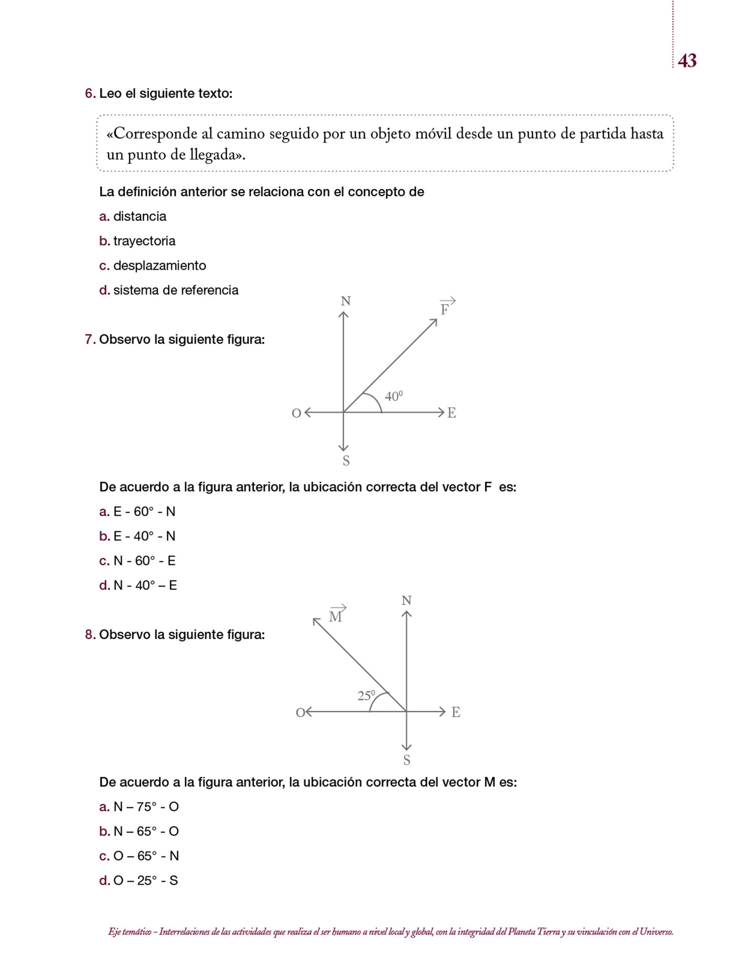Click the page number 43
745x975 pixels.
click(x=687, y=61)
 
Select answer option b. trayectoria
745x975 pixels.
click(x=144, y=241)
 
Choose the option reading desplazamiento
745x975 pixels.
click(x=159, y=266)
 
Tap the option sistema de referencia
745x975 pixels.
click(x=175, y=290)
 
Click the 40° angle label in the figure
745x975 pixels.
click(x=393, y=396)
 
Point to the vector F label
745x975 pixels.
click(x=445, y=309)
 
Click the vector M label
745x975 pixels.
click(x=336, y=616)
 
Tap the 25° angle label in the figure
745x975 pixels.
click(x=366, y=696)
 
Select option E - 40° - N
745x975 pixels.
click(x=144, y=536)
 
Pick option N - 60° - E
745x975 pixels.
click(x=144, y=561)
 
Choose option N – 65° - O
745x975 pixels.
click(x=146, y=831)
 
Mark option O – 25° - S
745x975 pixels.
click(x=145, y=881)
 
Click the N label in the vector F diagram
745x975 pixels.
click(x=346, y=301)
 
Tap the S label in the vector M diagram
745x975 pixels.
click(x=407, y=760)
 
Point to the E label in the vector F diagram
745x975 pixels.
click(x=452, y=413)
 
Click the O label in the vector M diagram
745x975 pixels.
click(x=300, y=713)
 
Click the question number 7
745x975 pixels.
click(x=90, y=339)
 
